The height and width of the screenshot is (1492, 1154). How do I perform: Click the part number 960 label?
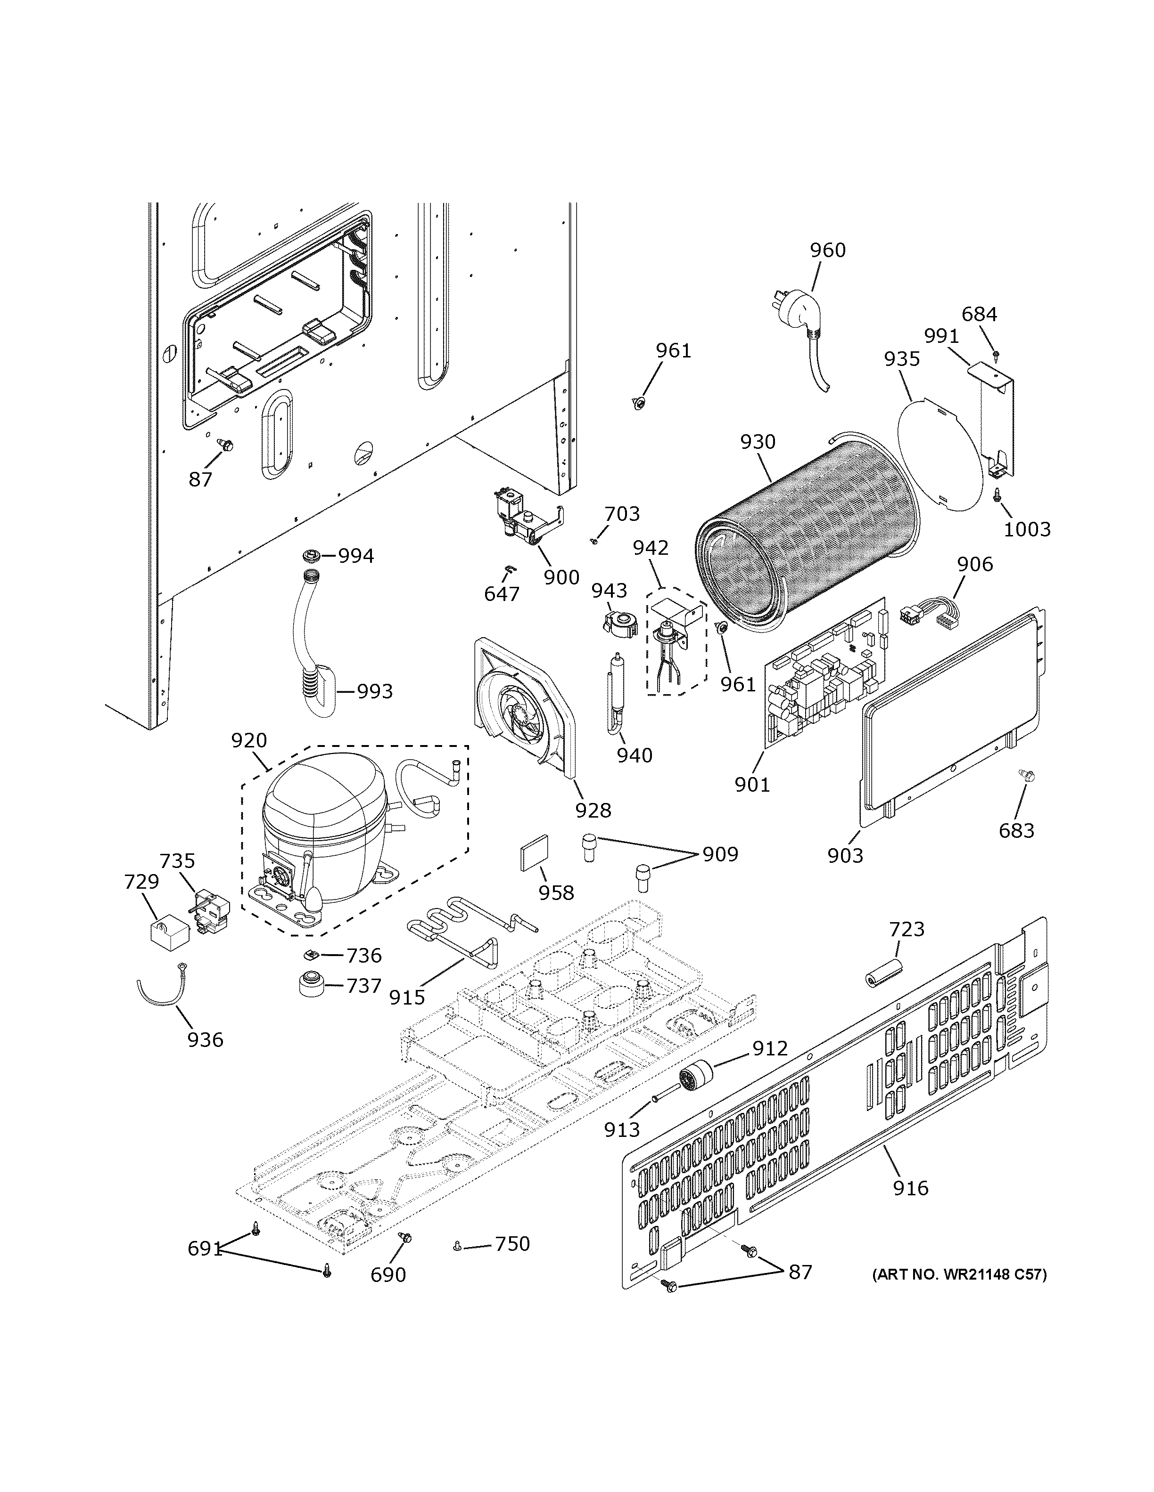827,251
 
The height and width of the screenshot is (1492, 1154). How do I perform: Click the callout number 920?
249,740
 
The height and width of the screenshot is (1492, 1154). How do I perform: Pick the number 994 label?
356,556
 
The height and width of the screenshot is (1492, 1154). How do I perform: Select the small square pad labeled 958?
534,854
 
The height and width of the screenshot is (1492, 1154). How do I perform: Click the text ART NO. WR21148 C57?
959,1274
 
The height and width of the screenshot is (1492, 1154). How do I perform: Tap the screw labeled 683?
1025,776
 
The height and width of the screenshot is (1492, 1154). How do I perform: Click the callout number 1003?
1027,529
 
